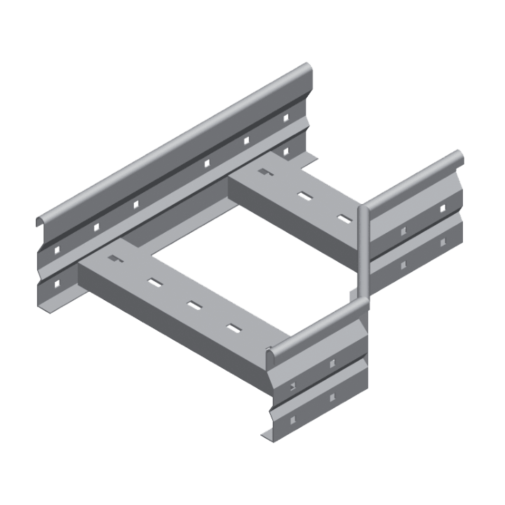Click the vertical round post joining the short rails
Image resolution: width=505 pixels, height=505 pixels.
[x=364, y=252]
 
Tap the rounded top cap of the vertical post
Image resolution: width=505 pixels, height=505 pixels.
[x=364, y=208]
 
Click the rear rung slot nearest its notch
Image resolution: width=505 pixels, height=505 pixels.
[x=304, y=195]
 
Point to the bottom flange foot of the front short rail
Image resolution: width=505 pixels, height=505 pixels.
[x=269, y=436]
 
